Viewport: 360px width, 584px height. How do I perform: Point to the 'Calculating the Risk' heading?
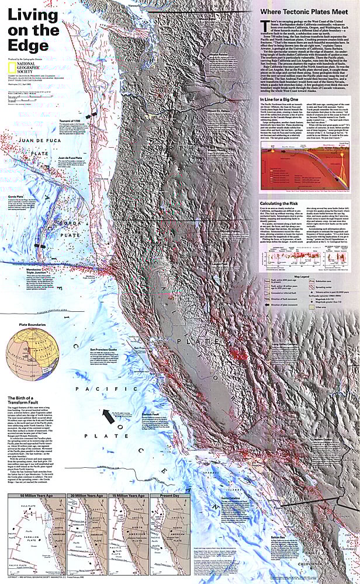(x=279, y=203)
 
